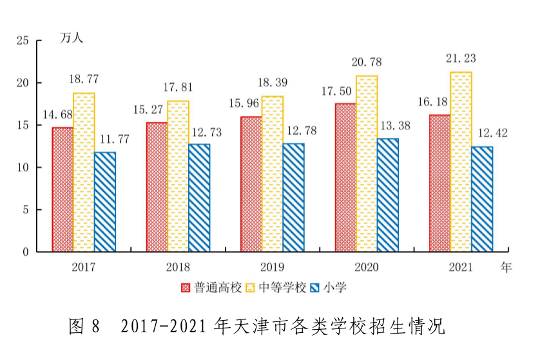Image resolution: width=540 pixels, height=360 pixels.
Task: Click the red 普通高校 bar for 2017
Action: click(63, 189)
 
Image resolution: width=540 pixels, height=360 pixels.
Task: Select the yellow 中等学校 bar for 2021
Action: click(461, 162)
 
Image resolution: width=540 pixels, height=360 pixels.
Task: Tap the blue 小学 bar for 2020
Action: click(388, 195)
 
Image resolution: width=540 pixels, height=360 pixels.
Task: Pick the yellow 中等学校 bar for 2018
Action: click(178, 176)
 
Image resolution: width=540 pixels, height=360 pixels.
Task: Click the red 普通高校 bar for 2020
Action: click(345, 177)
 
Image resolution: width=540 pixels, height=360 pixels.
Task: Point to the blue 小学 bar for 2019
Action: click(293, 197)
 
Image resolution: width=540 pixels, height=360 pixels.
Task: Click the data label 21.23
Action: click(461, 59)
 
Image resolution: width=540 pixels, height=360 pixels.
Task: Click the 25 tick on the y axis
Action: click(23, 41)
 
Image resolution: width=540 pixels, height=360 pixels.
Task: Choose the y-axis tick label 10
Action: click(23, 167)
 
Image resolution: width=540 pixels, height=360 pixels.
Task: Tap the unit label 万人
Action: click(72, 37)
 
